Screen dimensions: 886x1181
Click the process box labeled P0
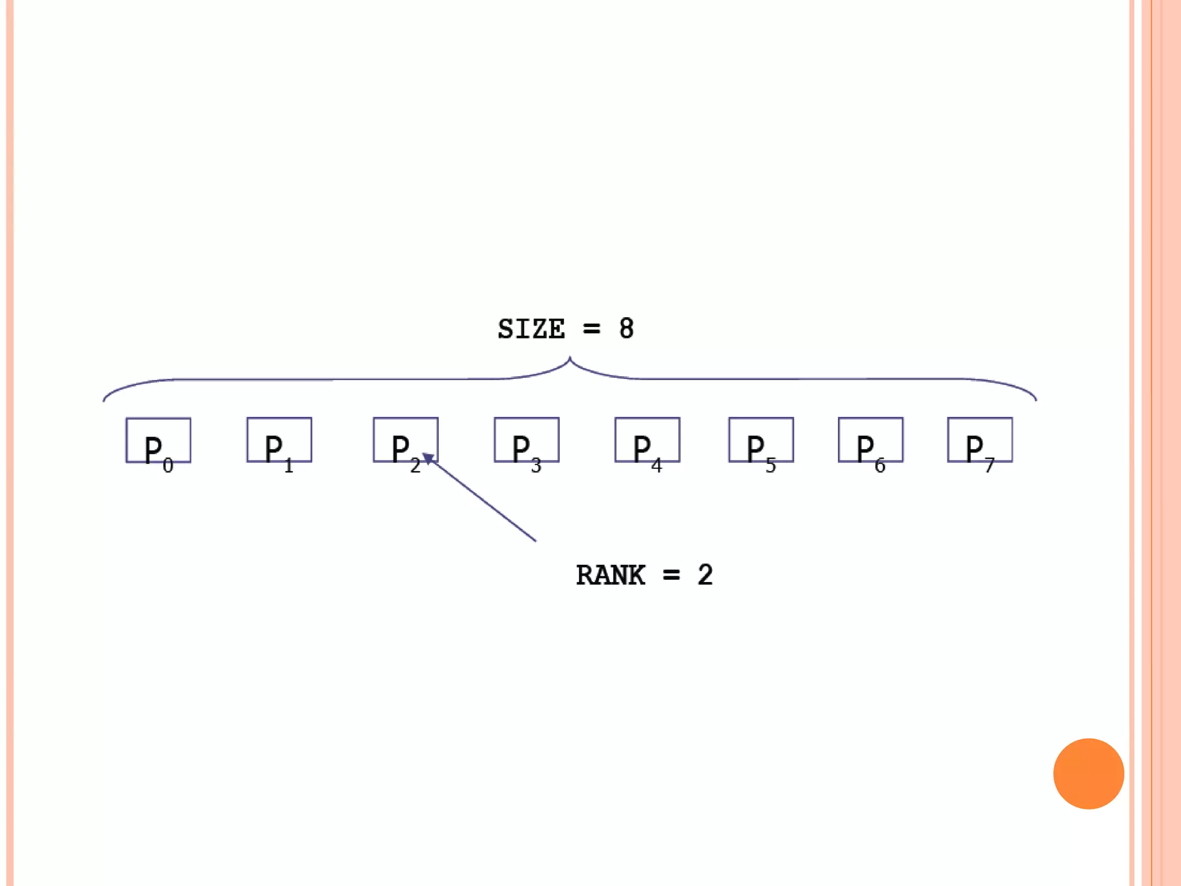[158, 440]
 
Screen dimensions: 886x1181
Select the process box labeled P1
[279, 440]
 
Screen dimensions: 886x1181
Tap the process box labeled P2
[405, 440]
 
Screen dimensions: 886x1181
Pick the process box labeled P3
[526, 440]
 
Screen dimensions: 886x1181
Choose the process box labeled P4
[647, 440]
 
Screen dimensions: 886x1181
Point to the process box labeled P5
[761, 440]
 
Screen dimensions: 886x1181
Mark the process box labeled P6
[870, 440]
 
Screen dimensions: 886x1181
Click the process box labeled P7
[980, 440]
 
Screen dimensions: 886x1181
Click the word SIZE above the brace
[531, 329]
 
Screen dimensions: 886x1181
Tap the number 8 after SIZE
[626, 329]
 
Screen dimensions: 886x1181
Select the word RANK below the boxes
[610, 575]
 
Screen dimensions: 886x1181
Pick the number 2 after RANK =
[705, 575]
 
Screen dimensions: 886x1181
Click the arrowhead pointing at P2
[428, 459]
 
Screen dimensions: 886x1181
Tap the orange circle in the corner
[1088, 774]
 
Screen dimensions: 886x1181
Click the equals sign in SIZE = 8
[592, 329]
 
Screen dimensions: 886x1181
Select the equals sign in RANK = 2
[671, 575]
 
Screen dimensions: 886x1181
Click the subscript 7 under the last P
[990, 465]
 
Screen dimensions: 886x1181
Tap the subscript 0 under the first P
[168, 465]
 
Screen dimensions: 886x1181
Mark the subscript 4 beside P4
[656, 465]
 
